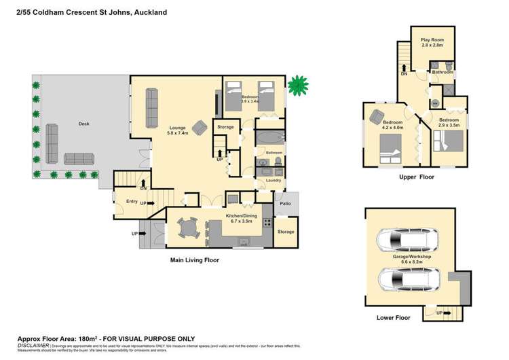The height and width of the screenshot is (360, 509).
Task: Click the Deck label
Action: (x=83, y=124)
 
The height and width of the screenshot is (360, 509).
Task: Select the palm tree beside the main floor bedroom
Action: (x=297, y=86)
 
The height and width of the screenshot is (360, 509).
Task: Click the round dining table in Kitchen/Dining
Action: (x=190, y=228)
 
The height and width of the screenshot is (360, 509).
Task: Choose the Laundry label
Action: (x=274, y=180)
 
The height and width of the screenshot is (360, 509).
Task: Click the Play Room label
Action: (x=432, y=42)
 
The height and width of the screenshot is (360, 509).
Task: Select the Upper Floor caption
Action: (x=417, y=177)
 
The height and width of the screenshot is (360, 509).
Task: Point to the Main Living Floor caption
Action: (x=193, y=259)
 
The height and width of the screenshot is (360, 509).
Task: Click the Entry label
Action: (x=132, y=200)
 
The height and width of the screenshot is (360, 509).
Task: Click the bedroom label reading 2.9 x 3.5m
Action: (x=449, y=122)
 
